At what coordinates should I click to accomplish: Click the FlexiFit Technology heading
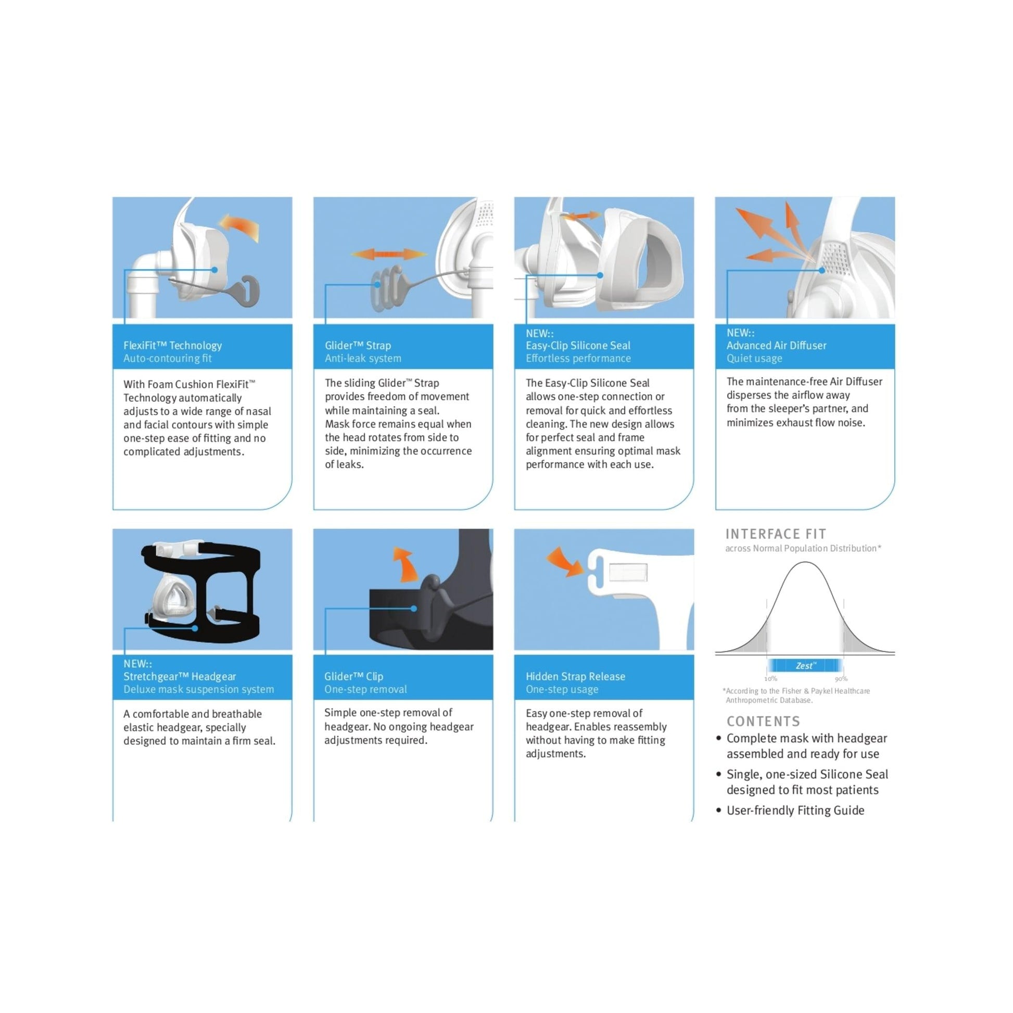coord(172,346)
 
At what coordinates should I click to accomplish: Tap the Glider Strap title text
coord(358,346)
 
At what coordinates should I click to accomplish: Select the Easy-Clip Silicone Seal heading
coord(578,346)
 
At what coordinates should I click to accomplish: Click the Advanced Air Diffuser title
coord(776,346)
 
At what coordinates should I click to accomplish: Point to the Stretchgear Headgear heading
coord(179,676)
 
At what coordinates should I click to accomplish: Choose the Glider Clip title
coord(353,676)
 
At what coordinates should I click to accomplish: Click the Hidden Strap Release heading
coord(575,676)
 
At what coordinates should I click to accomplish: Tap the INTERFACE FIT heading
coord(776,534)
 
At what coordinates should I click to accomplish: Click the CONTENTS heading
coord(763,721)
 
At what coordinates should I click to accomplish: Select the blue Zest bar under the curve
coord(805,666)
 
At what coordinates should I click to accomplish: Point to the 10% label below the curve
coord(770,679)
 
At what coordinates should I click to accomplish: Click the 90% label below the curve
coord(841,679)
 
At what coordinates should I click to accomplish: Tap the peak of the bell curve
coord(805,563)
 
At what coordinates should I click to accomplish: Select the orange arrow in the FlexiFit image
coord(240,227)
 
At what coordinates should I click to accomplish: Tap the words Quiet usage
coord(754,359)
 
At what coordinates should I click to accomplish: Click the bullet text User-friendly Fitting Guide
coord(795,811)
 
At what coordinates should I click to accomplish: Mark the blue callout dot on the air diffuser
coord(821,270)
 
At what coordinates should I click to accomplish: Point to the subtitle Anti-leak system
coord(363,359)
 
